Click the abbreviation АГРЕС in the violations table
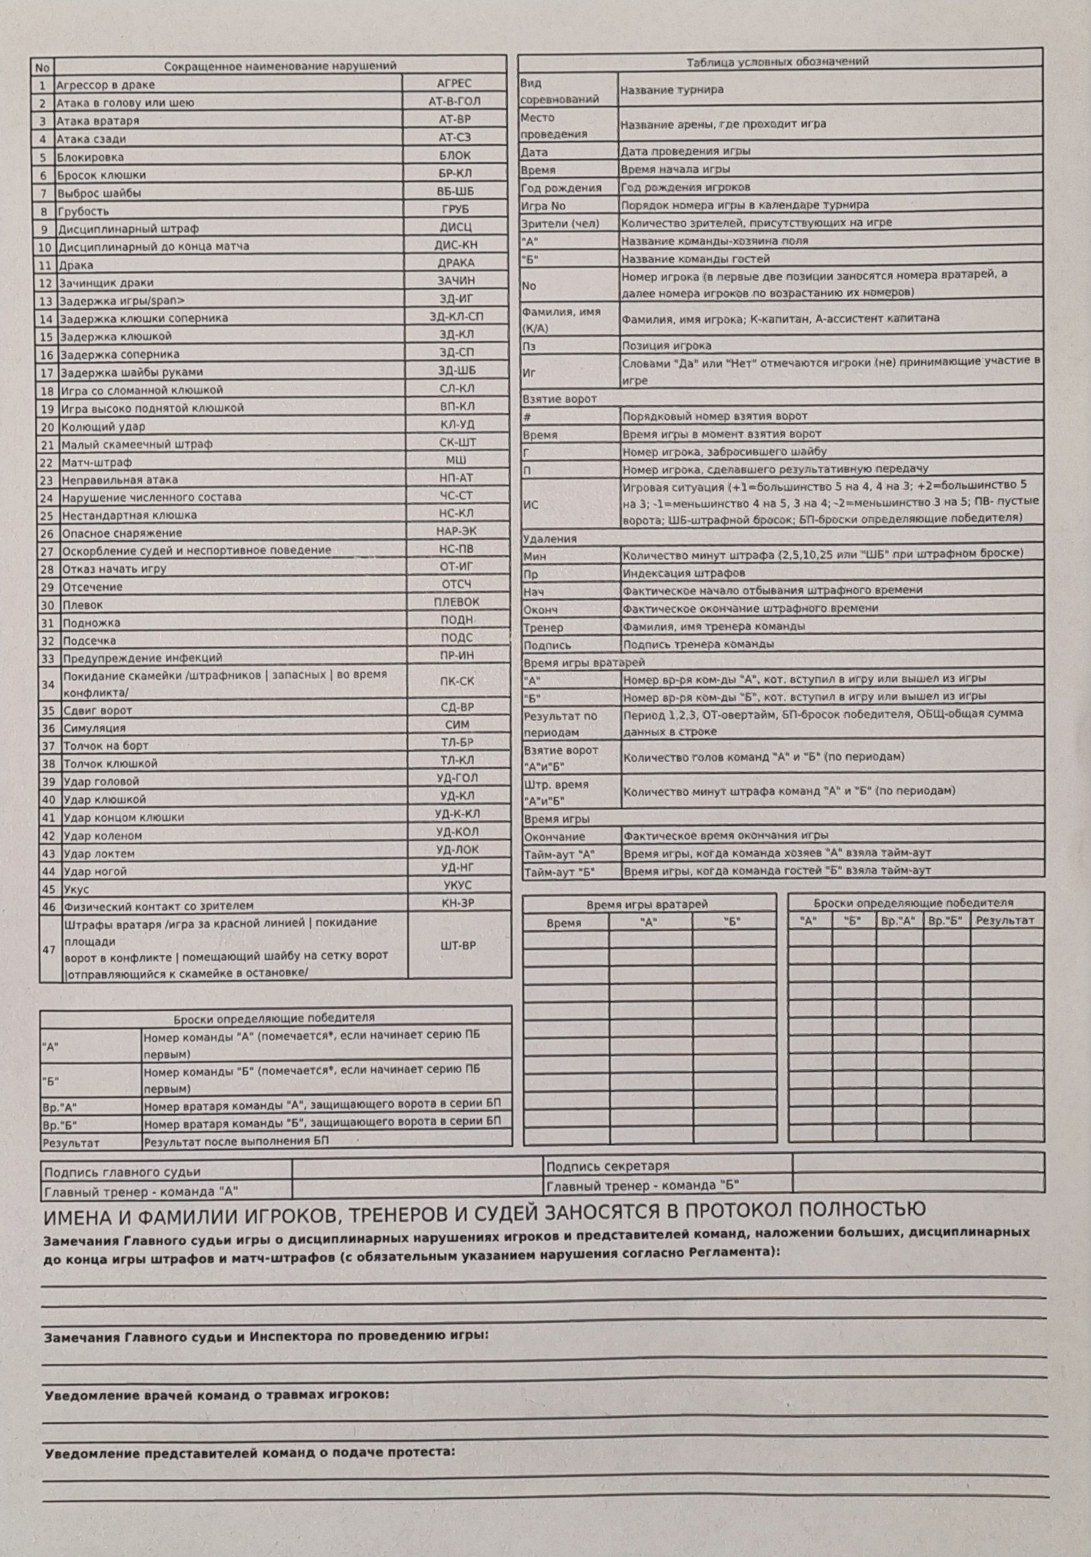click(454, 84)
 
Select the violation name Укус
click(76, 889)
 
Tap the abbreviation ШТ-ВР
click(457, 946)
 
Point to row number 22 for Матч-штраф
click(46, 463)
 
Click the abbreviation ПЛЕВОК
click(456, 601)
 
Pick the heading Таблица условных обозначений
click(777, 61)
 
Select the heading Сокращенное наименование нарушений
click(280, 65)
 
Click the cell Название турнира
click(671, 90)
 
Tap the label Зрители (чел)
click(560, 223)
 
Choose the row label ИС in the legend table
click(531, 505)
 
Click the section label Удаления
click(549, 539)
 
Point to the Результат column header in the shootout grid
click(1005, 921)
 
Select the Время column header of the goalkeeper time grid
click(563, 923)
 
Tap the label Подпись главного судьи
click(122, 1172)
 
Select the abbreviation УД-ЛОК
click(457, 849)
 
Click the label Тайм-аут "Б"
click(559, 872)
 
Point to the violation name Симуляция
click(94, 728)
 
